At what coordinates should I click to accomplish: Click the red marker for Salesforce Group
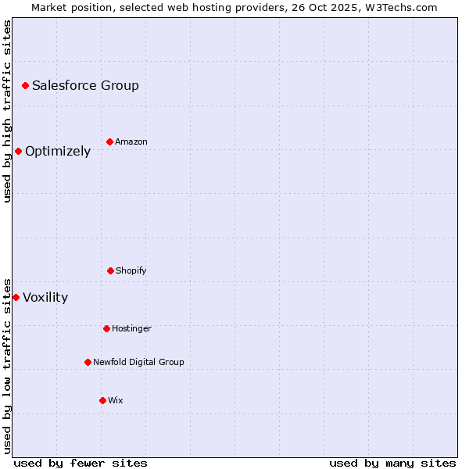point(25,85)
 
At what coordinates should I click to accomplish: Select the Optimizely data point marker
point(18,151)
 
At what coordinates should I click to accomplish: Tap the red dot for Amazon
point(109,141)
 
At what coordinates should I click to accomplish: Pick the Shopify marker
point(110,270)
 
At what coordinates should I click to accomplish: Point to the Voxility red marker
point(16,297)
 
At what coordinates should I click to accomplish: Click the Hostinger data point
point(106,328)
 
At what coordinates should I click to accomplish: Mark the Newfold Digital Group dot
point(88,362)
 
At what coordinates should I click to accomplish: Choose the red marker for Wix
point(102,400)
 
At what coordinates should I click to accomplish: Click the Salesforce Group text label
point(85,85)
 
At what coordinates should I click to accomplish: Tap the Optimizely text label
point(58,152)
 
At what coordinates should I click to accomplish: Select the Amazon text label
point(131,141)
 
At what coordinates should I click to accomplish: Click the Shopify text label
point(131,270)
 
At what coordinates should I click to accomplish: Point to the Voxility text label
point(45,297)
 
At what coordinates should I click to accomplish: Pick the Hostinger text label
point(131,328)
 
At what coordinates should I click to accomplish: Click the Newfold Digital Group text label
point(138,362)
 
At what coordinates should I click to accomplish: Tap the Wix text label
point(116,400)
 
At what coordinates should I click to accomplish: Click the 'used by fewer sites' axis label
point(81,463)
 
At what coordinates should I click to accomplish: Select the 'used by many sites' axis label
point(392,463)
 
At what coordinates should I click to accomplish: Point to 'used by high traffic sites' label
point(7,111)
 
